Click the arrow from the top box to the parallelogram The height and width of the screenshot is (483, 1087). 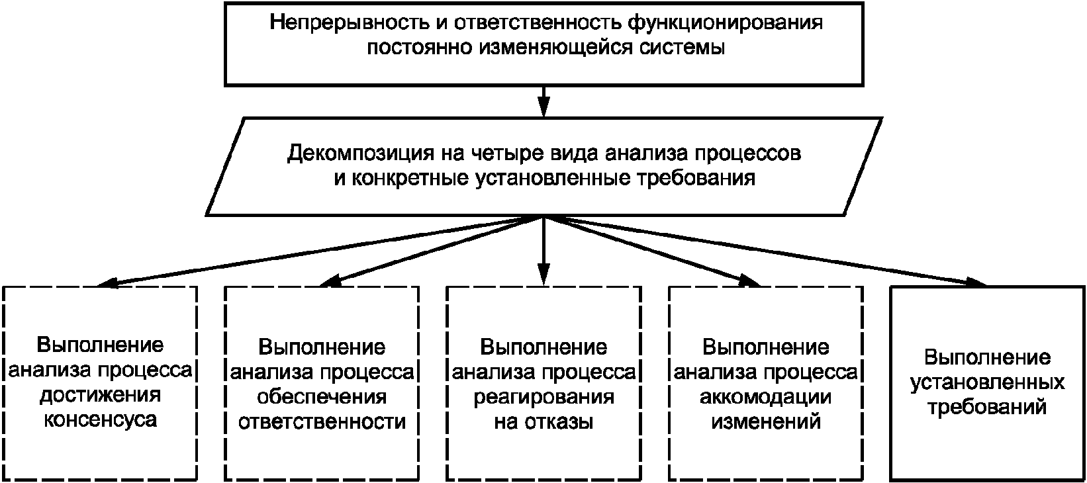click(x=543, y=102)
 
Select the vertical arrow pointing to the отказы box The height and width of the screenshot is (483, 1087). click(x=543, y=251)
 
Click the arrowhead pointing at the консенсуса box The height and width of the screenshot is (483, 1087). click(x=107, y=283)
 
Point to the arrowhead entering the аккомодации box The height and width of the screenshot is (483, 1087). click(x=750, y=281)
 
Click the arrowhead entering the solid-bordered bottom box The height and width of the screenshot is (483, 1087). click(x=975, y=283)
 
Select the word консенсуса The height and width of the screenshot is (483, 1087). click(x=101, y=420)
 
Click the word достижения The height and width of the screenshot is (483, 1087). click(x=100, y=396)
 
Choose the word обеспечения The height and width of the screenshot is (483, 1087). click(x=322, y=397)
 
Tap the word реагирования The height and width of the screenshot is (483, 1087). click(x=544, y=398)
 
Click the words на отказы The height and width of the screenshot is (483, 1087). click(x=543, y=422)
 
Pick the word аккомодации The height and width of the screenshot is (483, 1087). click(x=766, y=398)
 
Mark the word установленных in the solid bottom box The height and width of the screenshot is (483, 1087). click(x=988, y=383)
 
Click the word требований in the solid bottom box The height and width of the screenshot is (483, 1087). click(x=988, y=408)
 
